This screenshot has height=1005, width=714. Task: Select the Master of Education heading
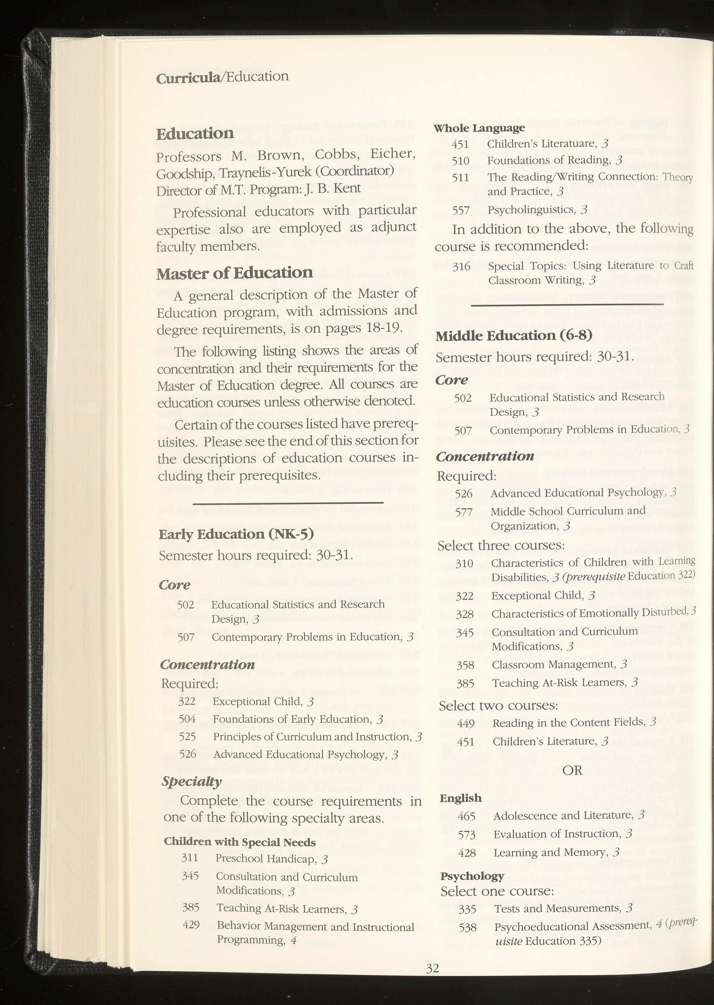coord(234,273)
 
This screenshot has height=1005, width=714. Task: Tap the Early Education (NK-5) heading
coord(236,534)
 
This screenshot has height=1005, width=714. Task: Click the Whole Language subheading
coord(479,128)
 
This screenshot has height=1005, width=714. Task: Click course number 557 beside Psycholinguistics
coord(461,210)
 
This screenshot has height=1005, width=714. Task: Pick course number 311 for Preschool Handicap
coord(190,858)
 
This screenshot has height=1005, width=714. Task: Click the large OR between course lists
coord(572,770)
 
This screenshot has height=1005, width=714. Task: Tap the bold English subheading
coord(460,798)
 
